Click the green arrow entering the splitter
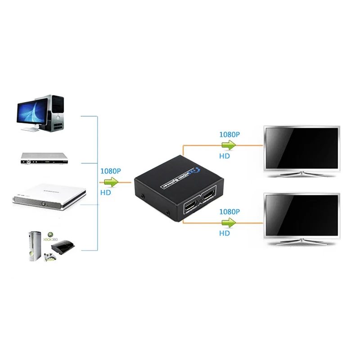click(110, 182)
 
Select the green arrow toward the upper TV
click(229, 145)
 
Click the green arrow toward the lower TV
click(229, 222)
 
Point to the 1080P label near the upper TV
click(229, 134)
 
